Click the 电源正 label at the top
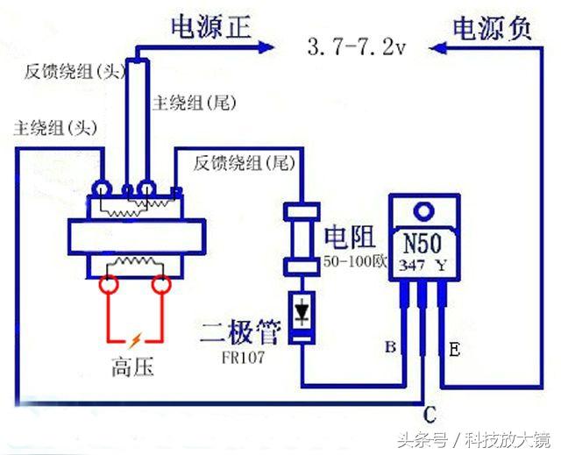(x=211, y=29)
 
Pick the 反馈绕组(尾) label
(x=243, y=162)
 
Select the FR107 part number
(x=242, y=358)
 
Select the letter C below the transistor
(x=430, y=412)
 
